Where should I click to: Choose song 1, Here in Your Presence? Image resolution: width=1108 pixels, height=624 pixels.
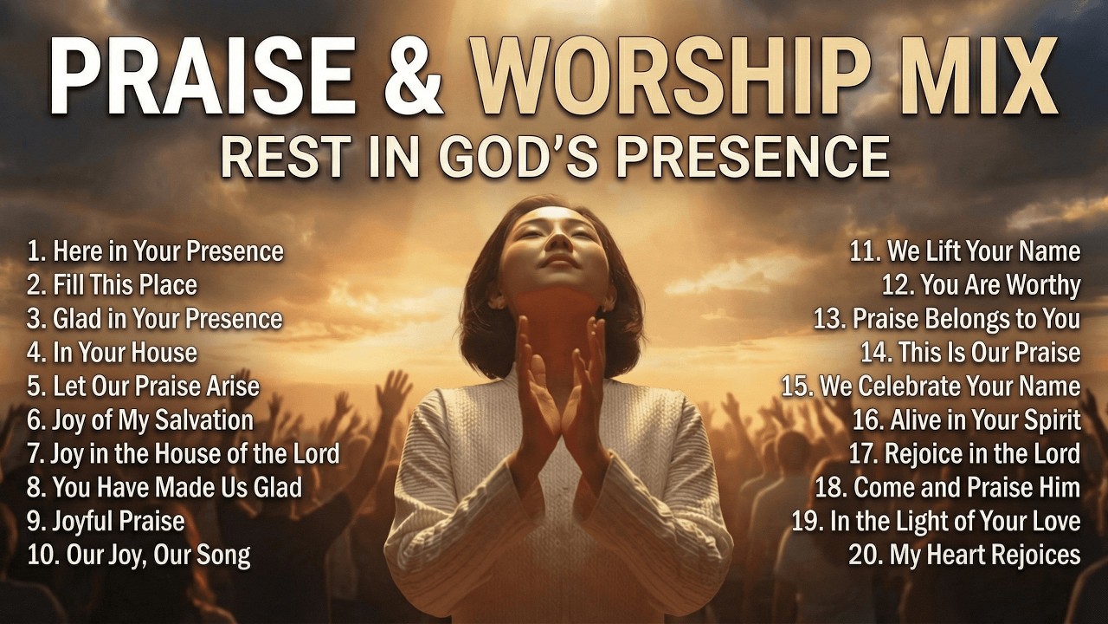[156, 251]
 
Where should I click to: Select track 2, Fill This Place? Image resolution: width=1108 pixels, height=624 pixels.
[113, 285]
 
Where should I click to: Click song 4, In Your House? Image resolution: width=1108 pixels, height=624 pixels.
[113, 353]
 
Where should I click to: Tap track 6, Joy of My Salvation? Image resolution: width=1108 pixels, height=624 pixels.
[140, 420]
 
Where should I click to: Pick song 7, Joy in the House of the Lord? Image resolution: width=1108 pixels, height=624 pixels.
[184, 453]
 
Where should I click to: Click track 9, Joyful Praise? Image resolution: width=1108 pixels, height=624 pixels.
[106, 521]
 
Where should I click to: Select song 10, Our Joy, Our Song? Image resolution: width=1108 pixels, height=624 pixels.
[138, 555]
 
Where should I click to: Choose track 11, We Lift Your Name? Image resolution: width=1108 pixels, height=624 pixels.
[964, 251]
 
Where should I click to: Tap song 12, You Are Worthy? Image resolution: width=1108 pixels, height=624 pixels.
[981, 285]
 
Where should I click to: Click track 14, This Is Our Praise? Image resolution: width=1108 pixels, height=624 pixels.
[970, 353]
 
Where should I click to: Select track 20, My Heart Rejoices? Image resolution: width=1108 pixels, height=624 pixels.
[964, 555]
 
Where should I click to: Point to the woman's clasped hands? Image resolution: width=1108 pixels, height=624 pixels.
[563, 381]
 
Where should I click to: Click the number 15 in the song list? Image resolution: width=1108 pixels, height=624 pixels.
[796, 387]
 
